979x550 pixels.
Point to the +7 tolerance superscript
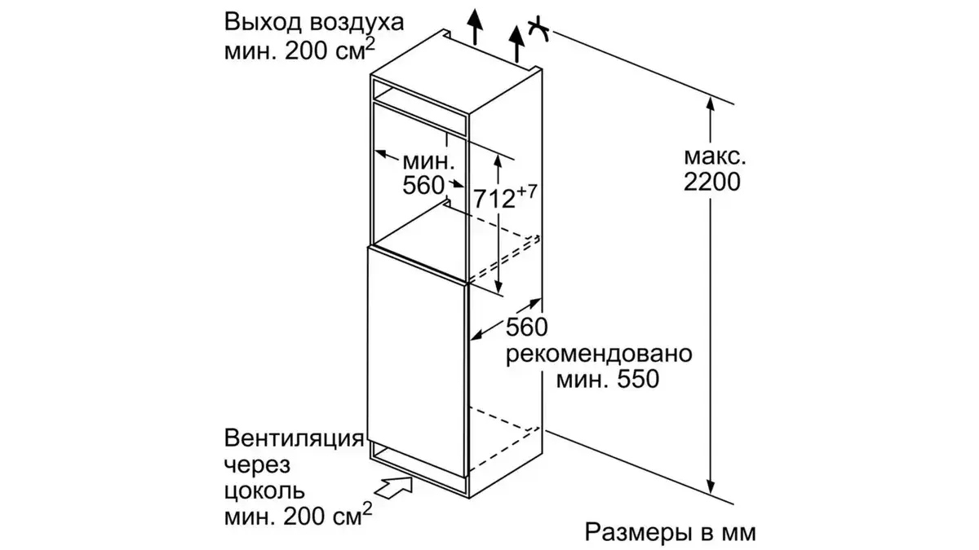(530, 190)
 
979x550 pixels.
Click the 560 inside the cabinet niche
(424, 185)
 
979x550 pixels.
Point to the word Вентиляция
(293, 440)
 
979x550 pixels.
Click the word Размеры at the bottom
(635, 533)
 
